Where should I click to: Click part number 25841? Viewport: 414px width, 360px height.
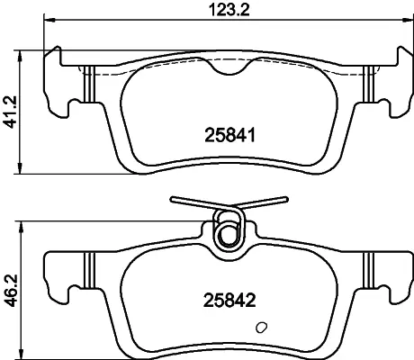point(229,135)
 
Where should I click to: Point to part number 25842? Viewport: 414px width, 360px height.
point(229,301)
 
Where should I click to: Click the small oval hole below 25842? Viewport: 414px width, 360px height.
point(261,327)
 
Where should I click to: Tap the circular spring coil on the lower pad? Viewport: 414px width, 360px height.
point(229,233)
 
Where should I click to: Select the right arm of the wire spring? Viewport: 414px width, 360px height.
point(259,202)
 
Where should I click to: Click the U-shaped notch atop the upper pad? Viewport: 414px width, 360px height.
point(229,67)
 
